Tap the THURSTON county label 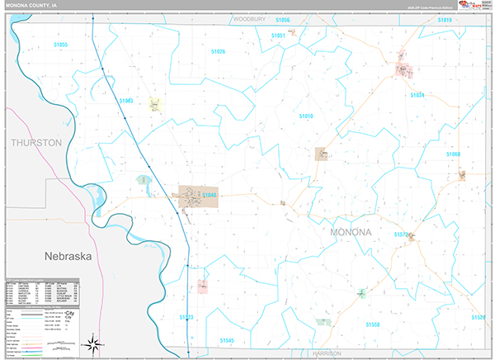coord(36,143)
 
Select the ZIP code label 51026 coord(218,51)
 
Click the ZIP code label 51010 coord(305,116)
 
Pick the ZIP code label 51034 coord(416,95)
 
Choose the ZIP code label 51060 coord(454,154)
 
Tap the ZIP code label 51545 coord(227,340)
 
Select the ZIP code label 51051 coord(278,36)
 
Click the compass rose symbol coord(94,343)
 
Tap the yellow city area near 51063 coord(155,104)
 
